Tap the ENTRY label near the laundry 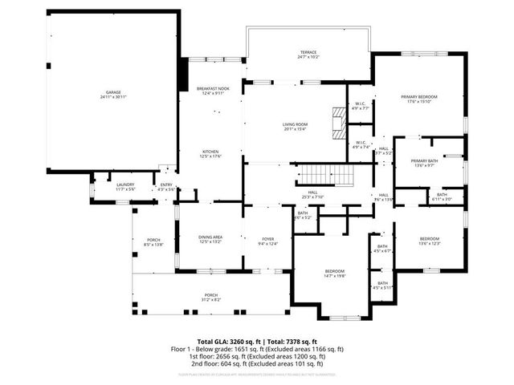[x=166, y=186]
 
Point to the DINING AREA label [x=210, y=238]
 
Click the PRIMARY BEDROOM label [x=420, y=99]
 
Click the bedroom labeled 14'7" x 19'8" [x=334, y=274]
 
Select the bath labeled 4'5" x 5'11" [x=382, y=285]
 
